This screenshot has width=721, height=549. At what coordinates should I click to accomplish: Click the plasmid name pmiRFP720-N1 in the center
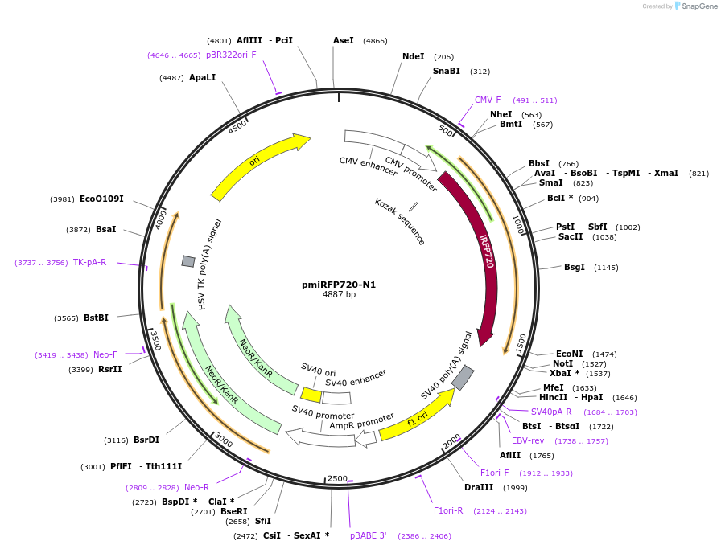[x=339, y=285]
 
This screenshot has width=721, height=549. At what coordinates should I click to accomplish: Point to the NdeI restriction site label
[x=413, y=56]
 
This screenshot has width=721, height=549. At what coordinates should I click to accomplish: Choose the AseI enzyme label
[x=343, y=40]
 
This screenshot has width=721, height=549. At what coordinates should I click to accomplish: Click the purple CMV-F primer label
[x=488, y=100]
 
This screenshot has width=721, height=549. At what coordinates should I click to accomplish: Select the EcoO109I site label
[x=101, y=199]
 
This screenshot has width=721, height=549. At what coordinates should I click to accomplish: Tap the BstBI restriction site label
[x=96, y=318]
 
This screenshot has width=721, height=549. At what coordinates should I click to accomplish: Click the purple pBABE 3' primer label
[x=369, y=535]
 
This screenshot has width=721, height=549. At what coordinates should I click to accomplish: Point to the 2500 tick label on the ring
[x=338, y=478]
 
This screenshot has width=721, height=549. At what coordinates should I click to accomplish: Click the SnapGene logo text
[x=696, y=6]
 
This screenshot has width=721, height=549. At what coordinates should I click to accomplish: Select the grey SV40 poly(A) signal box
[x=463, y=376]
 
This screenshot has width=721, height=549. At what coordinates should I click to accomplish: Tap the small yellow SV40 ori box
[x=311, y=395]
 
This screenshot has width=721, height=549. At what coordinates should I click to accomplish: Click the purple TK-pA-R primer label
[x=89, y=262]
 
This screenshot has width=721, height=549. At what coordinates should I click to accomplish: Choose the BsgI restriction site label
[x=575, y=267]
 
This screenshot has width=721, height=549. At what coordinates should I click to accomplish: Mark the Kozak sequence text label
[x=399, y=221]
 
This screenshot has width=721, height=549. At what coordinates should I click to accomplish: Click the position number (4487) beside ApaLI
[x=171, y=78]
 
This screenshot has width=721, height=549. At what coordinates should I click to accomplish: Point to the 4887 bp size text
[x=339, y=295]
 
